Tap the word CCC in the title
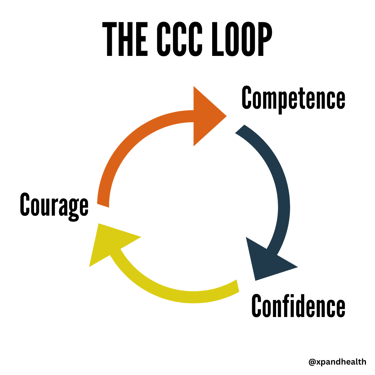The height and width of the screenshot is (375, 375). coord(180,40)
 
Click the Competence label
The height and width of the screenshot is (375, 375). coord(293,98)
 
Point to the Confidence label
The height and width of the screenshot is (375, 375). coord(298,306)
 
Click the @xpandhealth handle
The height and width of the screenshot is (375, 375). coord(337,362)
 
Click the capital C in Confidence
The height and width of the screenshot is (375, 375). coord(257,306)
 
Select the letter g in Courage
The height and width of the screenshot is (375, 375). coord(73,208)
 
